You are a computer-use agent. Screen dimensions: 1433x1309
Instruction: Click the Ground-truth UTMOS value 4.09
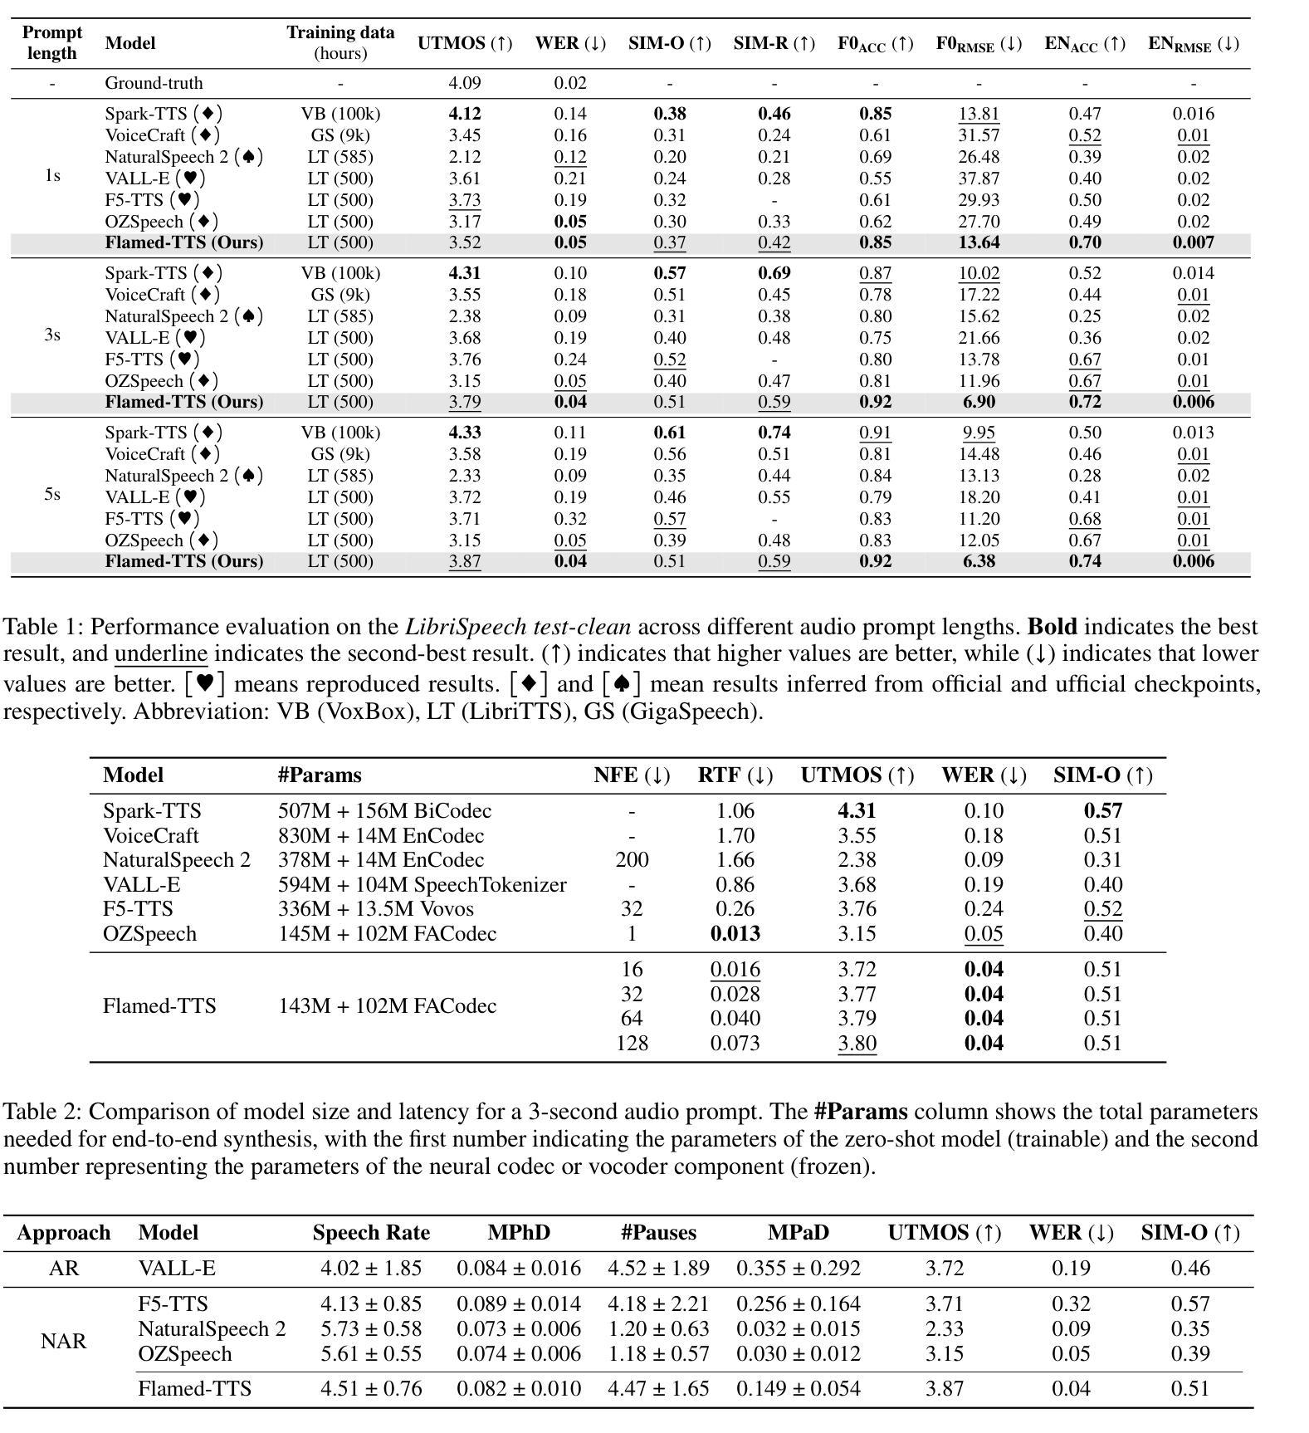click(x=464, y=83)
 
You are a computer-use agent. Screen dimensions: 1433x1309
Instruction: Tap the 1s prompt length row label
click(x=51, y=176)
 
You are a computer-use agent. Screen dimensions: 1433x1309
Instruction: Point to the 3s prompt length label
click(x=51, y=335)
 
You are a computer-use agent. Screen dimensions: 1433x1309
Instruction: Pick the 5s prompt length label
click(x=51, y=495)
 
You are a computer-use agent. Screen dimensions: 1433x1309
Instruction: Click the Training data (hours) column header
click(x=340, y=42)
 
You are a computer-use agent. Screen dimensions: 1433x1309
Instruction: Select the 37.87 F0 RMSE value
click(x=979, y=179)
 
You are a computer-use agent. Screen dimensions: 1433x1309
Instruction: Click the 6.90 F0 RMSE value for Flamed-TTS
click(x=979, y=402)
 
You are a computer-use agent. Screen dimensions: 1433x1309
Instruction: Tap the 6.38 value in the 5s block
click(x=979, y=561)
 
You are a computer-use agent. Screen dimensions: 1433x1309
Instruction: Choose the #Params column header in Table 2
click(x=320, y=775)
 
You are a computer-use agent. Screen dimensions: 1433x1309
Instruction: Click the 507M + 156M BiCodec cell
click(x=384, y=811)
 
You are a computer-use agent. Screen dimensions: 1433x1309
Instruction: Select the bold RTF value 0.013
click(x=735, y=934)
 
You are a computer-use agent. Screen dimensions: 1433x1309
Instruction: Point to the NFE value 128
click(x=632, y=1044)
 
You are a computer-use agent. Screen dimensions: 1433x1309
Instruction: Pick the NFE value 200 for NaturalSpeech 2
click(x=632, y=860)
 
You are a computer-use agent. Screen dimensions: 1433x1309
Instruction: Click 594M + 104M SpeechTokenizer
click(x=422, y=885)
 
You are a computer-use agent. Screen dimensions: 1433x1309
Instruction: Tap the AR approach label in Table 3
click(x=63, y=1269)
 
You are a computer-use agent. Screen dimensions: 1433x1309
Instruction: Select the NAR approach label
click(x=63, y=1342)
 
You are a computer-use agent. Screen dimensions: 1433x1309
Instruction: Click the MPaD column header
click(x=798, y=1233)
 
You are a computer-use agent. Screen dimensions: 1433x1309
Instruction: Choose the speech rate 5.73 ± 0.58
click(x=371, y=1329)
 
